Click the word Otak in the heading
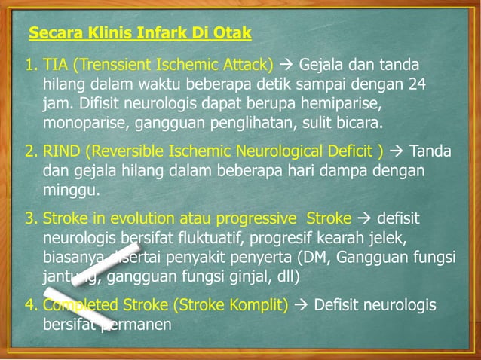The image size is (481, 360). [232, 34]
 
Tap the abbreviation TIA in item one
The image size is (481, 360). [56, 63]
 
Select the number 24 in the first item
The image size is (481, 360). [418, 82]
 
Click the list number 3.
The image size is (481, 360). [30, 219]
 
